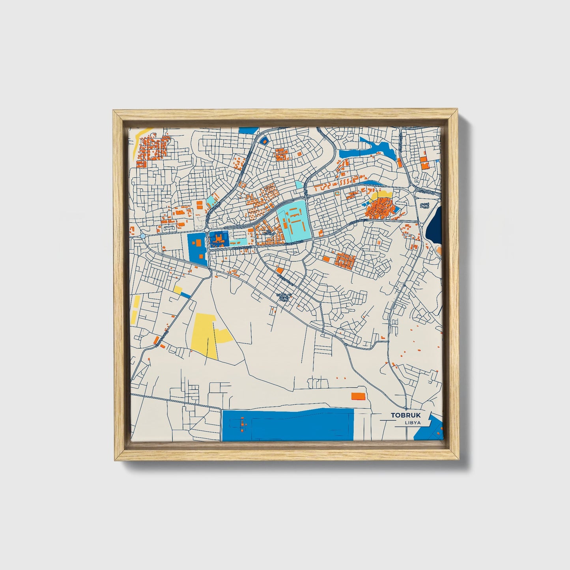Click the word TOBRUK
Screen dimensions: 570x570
click(406, 415)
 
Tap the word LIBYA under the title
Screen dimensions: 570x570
click(412, 423)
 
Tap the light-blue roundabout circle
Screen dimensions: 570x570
click(142, 236)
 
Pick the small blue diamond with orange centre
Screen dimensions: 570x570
click(264, 140)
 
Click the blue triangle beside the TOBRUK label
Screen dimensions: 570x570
click(429, 428)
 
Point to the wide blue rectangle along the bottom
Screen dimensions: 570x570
click(288, 425)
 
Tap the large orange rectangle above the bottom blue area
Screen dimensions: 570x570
click(358, 396)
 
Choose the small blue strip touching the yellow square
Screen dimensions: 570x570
click(185, 295)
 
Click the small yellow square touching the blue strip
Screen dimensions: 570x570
click(178, 290)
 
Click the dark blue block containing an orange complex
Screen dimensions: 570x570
click(219, 239)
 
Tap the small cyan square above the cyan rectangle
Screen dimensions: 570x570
click(299, 185)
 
